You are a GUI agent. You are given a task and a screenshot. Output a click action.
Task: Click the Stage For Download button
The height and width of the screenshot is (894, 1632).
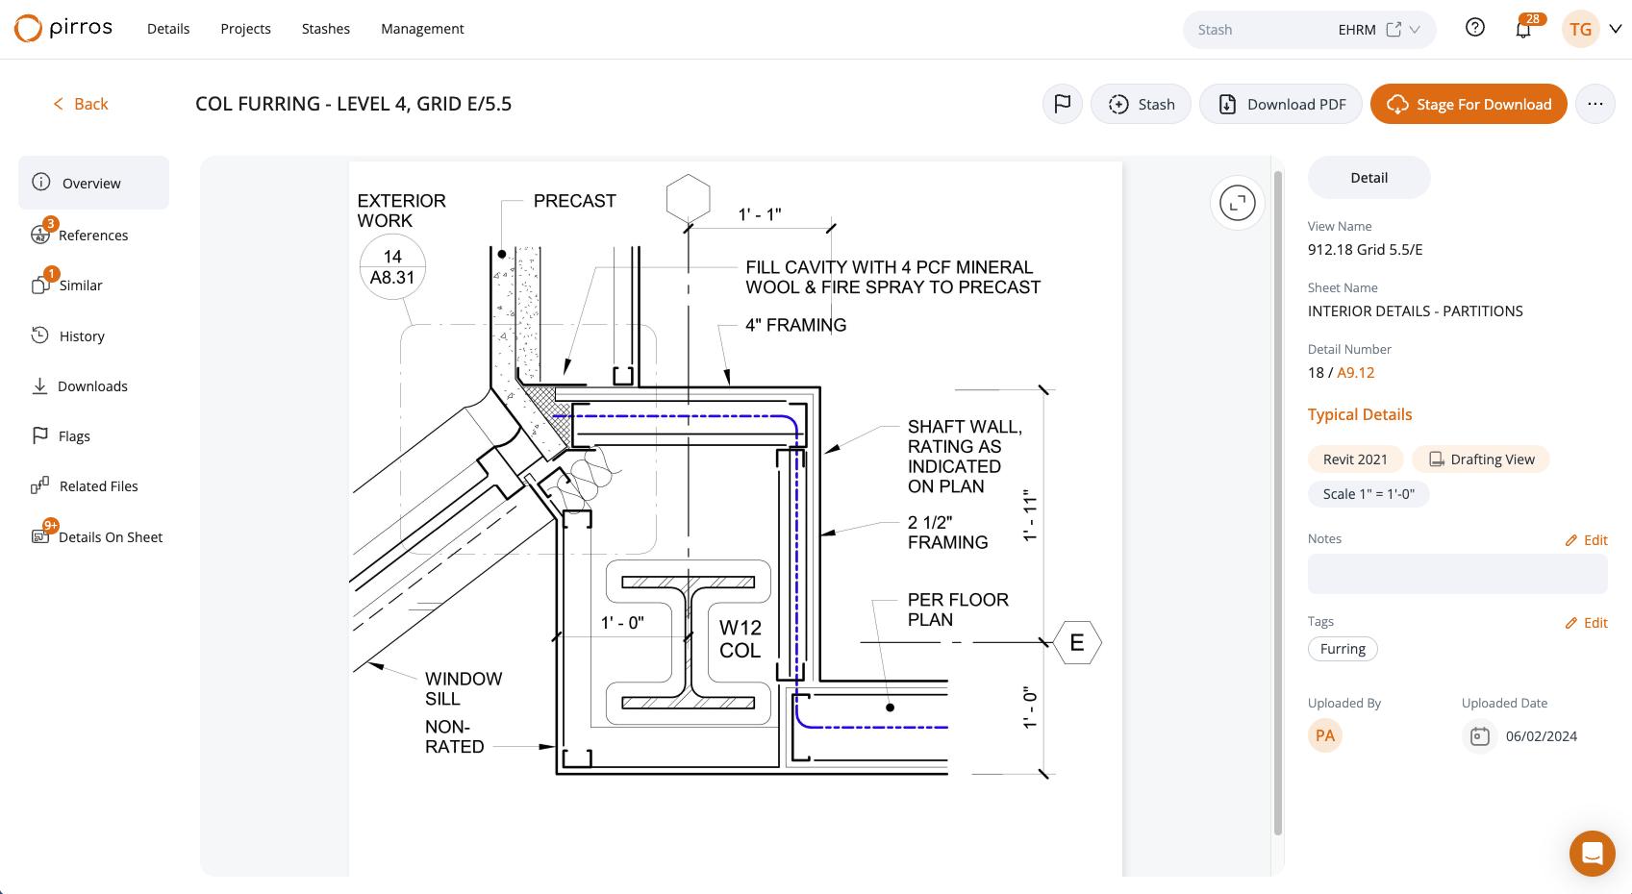[1469, 104]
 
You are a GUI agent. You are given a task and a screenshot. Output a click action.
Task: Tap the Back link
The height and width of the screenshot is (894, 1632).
[80, 104]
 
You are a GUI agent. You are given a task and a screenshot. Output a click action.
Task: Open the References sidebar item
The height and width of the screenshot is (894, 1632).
[80, 235]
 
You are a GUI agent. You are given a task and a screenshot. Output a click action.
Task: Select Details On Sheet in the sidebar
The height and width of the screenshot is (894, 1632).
[97, 536]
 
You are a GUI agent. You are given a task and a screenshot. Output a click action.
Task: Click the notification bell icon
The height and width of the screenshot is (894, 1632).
[1522, 30]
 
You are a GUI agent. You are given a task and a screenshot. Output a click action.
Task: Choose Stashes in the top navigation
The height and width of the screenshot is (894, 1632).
[326, 29]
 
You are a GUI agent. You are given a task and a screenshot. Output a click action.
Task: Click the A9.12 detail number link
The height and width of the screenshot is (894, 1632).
[1356, 373]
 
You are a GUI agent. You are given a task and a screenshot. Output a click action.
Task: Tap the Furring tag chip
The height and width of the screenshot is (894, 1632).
[1343, 649]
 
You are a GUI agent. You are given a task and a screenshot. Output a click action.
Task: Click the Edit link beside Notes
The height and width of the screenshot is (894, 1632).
[1586, 539]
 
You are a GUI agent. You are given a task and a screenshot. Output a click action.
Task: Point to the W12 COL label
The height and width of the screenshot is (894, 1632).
[741, 638]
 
